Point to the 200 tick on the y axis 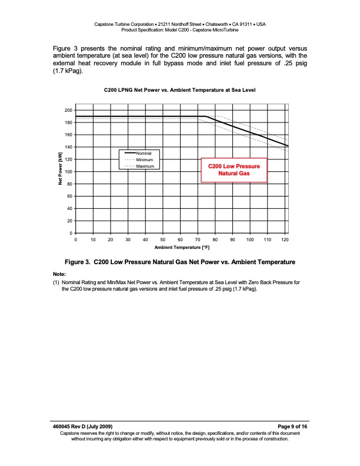(x=69, y=111)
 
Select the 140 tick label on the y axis (x=69, y=147)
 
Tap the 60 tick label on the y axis (x=70, y=197)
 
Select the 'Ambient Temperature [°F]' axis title (x=181, y=248)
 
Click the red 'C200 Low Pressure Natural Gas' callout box (x=234, y=171)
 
